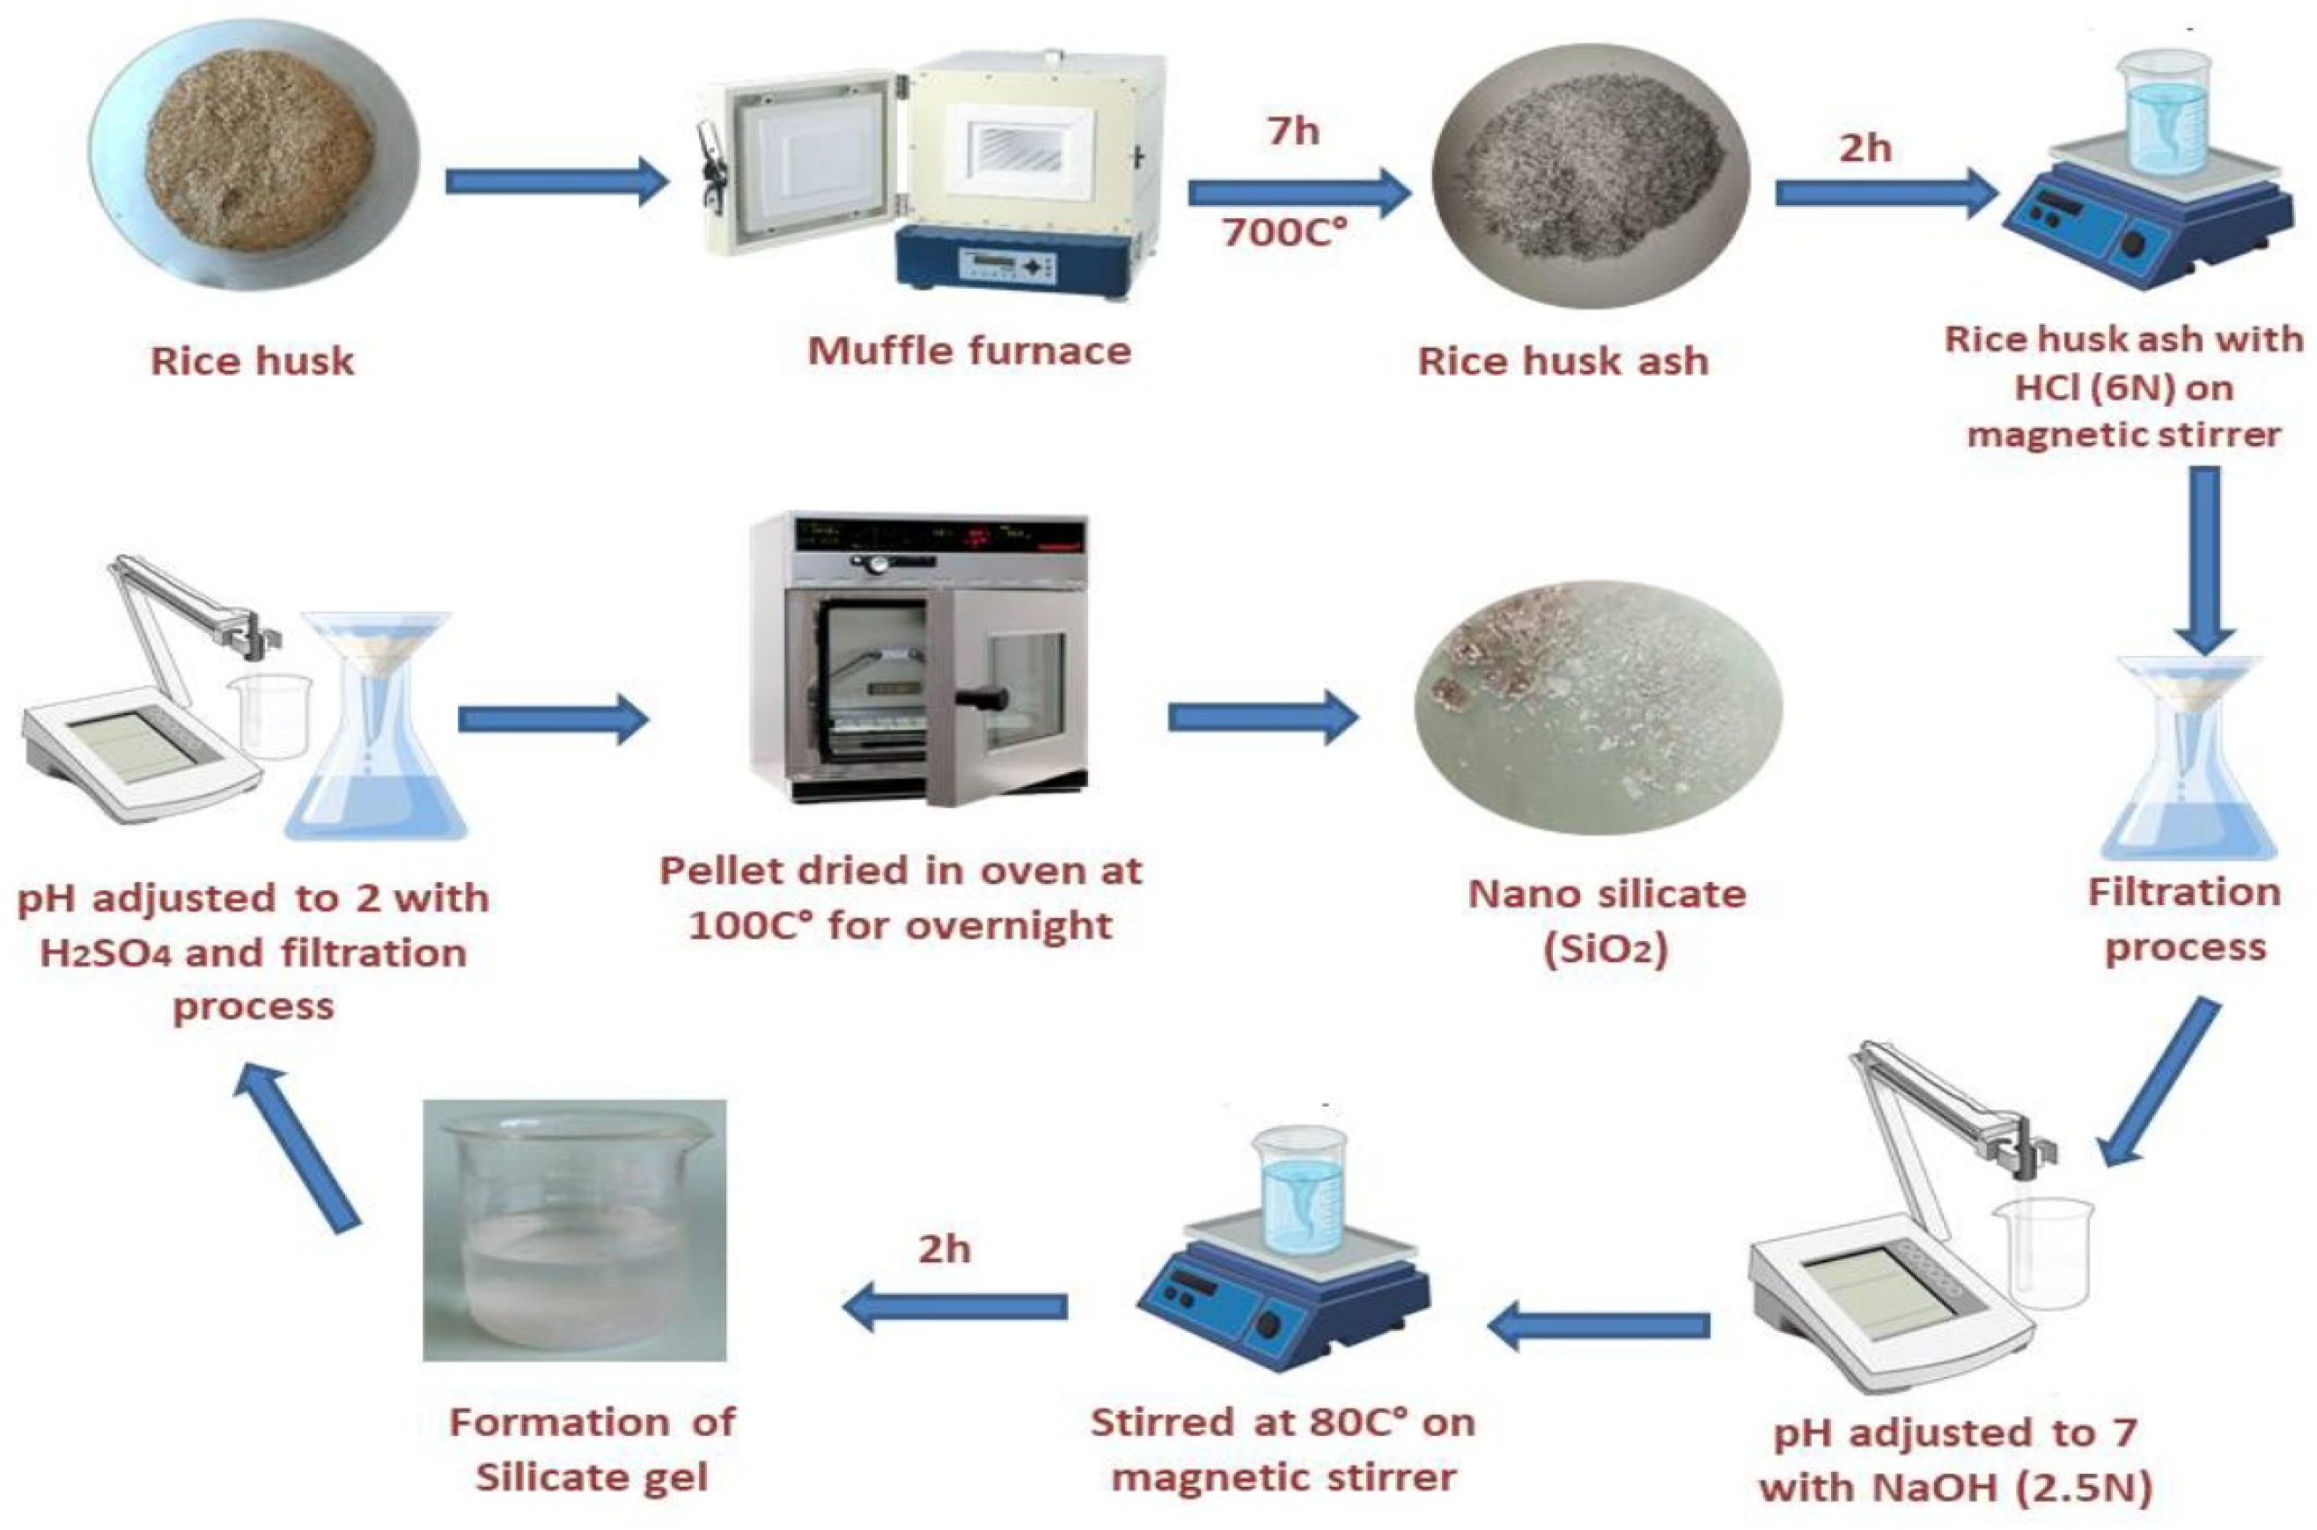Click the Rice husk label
click(x=252, y=361)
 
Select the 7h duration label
click(x=1292, y=129)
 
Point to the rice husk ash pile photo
click(x=1589, y=176)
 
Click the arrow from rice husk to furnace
click(x=556, y=181)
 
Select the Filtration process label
click(x=2184, y=919)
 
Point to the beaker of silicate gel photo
click(x=575, y=1230)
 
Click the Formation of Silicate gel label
click(x=592, y=1449)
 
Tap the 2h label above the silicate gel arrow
click(x=945, y=1249)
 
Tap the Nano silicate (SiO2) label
click(x=1607, y=921)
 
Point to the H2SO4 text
click(x=108, y=953)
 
